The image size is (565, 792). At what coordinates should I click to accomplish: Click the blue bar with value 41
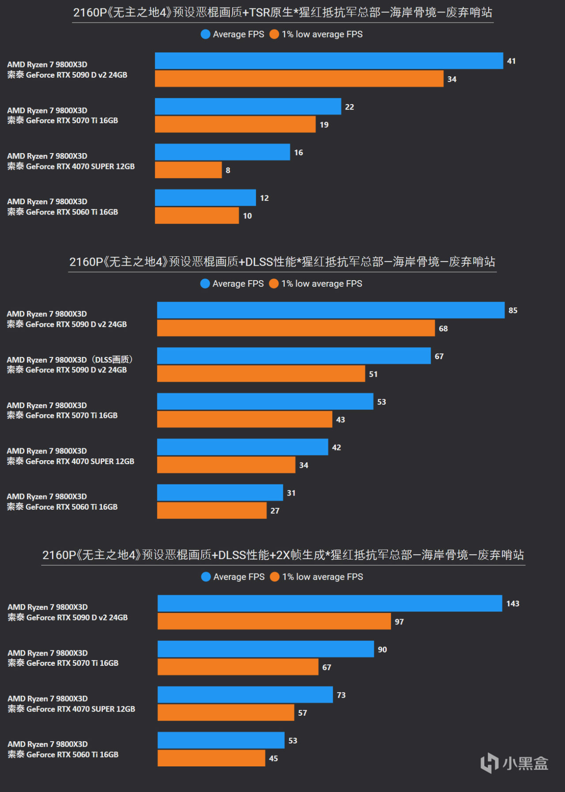[x=329, y=61]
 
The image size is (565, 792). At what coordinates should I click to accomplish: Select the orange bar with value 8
[x=188, y=170]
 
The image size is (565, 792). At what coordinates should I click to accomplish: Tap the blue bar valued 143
[x=330, y=603]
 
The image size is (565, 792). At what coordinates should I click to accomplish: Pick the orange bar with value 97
[x=274, y=621]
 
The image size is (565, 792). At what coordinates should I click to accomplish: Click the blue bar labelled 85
[x=331, y=310]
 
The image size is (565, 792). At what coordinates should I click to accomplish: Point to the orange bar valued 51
[x=261, y=374]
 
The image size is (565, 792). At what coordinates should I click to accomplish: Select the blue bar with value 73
[x=245, y=694]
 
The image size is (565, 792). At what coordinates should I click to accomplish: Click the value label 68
[x=443, y=329]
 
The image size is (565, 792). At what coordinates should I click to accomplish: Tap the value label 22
[x=350, y=107]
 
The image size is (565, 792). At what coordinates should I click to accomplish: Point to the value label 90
[x=382, y=649]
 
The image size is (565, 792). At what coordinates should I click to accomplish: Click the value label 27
[x=275, y=510]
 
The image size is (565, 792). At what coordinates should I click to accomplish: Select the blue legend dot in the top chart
[x=205, y=34]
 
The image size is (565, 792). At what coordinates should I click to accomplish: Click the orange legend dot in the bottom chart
[x=275, y=577]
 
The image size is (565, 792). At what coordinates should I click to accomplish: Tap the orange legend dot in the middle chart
[x=274, y=283]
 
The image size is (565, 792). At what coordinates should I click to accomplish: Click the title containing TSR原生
[x=282, y=12]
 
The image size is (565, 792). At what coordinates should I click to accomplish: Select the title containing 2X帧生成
[x=283, y=555]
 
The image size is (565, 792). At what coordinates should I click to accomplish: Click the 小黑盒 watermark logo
[x=514, y=763]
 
